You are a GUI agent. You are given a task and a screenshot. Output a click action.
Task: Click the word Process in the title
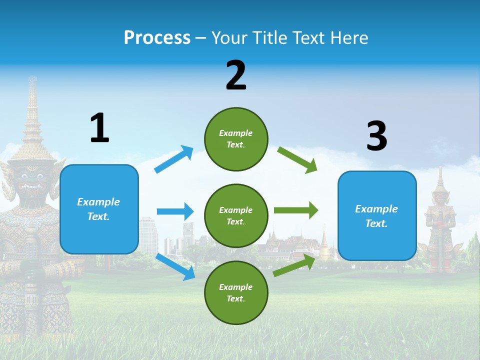point(157,38)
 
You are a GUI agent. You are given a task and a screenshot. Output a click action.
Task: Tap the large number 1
point(99,128)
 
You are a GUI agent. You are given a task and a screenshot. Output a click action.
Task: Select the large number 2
point(236,75)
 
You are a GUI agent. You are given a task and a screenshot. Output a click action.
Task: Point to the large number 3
point(376,136)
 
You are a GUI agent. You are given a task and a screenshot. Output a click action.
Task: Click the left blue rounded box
point(99,209)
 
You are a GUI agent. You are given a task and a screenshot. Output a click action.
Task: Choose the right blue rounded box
point(377,216)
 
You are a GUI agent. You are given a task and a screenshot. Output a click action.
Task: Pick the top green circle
point(236,139)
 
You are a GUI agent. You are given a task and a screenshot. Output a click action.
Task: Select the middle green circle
point(236,215)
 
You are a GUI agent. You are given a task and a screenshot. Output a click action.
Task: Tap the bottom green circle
point(236,292)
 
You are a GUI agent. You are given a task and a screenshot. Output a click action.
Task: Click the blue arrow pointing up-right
point(174,159)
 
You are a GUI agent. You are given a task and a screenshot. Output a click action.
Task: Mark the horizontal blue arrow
point(175,211)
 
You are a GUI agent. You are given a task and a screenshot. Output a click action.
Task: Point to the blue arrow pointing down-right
point(175,267)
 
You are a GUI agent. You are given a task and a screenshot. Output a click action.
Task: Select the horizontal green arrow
point(295,210)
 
